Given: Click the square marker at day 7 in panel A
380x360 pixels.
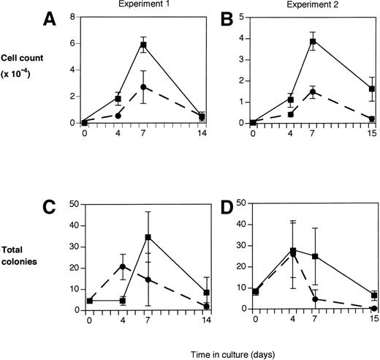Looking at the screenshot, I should [x=144, y=45].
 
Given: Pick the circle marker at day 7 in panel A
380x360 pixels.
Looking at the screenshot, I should [x=144, y=87].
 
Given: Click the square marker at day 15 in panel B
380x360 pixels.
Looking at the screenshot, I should [x=373, y=89].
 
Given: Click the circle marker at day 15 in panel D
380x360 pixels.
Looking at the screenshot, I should [x=373, y=309].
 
